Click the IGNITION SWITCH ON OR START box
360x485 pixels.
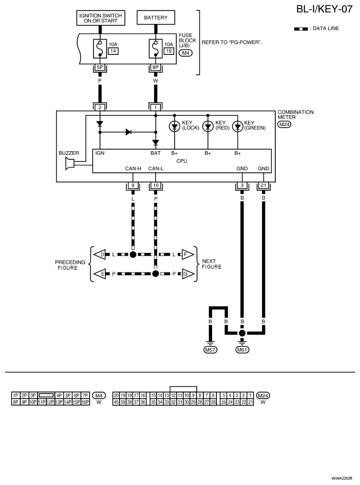click(101, 18)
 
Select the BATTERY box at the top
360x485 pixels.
click(156, 18)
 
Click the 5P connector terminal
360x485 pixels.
click(100, 68)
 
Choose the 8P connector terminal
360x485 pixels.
click(156, 68)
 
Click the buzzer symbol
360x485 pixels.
click(70, 164)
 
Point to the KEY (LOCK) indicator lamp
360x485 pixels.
click(174, 126)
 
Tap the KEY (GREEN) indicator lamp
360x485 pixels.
click(238, 126)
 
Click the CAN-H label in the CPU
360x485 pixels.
click(133, 169)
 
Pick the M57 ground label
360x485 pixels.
click(210, 350)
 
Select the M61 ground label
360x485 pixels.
click(243, 350)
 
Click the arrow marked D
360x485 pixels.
click(100, 254)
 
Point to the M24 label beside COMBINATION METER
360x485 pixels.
click(284, 125)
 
